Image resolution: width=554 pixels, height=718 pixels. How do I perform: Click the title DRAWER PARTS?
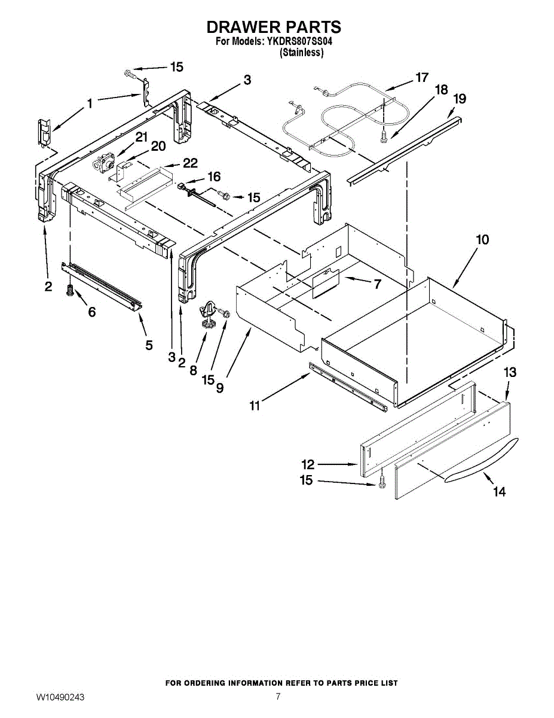(274, 27)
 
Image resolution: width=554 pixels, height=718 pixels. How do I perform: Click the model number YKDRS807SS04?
(296, 42)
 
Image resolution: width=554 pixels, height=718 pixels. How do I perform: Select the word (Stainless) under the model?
(302, 53)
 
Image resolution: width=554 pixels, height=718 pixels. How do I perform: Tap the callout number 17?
(422, 77)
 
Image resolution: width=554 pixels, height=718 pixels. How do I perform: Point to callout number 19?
(460, 98)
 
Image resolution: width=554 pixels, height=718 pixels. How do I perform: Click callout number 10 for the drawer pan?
(482, 239)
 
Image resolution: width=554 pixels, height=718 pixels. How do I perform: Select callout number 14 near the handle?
(499, 491)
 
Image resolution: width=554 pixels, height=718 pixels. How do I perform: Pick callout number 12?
(308, 464)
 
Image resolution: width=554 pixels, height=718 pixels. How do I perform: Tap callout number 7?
(377, 284)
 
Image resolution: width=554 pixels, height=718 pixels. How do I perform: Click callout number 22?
(189, 163)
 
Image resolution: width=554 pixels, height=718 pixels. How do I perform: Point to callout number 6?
(91, 312)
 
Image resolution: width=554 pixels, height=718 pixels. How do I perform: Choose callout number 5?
(149, 345)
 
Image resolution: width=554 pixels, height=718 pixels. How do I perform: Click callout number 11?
(255, 406)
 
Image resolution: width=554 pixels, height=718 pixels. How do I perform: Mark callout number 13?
(509, 372)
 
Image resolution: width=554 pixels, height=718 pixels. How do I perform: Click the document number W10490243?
(60, 698)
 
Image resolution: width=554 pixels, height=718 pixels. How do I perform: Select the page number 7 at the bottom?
(278, 696)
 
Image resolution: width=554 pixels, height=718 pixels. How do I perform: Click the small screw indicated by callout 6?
(69, 291)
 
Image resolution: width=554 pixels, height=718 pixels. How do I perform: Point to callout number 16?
(213, 176)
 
